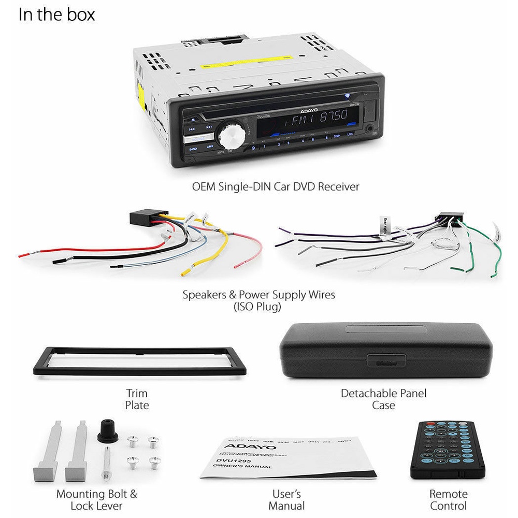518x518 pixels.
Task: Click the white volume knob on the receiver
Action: (231, 136)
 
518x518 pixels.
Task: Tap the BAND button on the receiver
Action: (193, 149)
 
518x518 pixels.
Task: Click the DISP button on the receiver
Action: (337, 136)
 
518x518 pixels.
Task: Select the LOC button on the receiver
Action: (351, 135)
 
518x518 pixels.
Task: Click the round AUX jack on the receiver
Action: (369, 127)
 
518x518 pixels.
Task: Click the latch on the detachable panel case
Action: (384, 361)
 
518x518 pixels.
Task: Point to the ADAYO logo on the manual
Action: (243, 445)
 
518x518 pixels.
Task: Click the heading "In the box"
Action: (56, 15)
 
